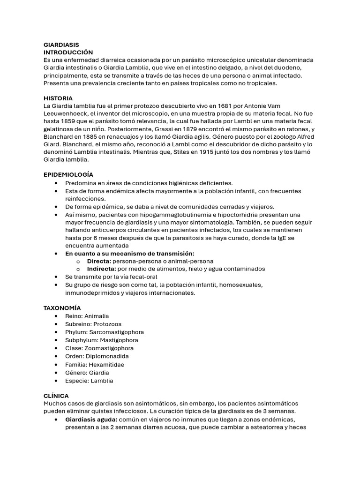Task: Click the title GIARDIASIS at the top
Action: click(x=61, y=45)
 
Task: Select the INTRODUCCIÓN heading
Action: click(x=68, y=52)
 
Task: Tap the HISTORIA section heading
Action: click(x=58, y=98)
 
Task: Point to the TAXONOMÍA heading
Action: click(x=62, y=308)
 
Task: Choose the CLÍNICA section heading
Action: click(x=56, y=396)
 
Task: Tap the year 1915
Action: click(x=199, y=152)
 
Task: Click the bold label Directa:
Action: click(x=99, y=261)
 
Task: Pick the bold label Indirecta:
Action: click(x=101, y=269)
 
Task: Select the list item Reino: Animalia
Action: click(x=87, y=316)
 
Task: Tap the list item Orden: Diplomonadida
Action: click(x=97, y=356)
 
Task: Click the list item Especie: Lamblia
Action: click(x=89, y=381)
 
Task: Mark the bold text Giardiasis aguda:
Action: click(x=91, y=420)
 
